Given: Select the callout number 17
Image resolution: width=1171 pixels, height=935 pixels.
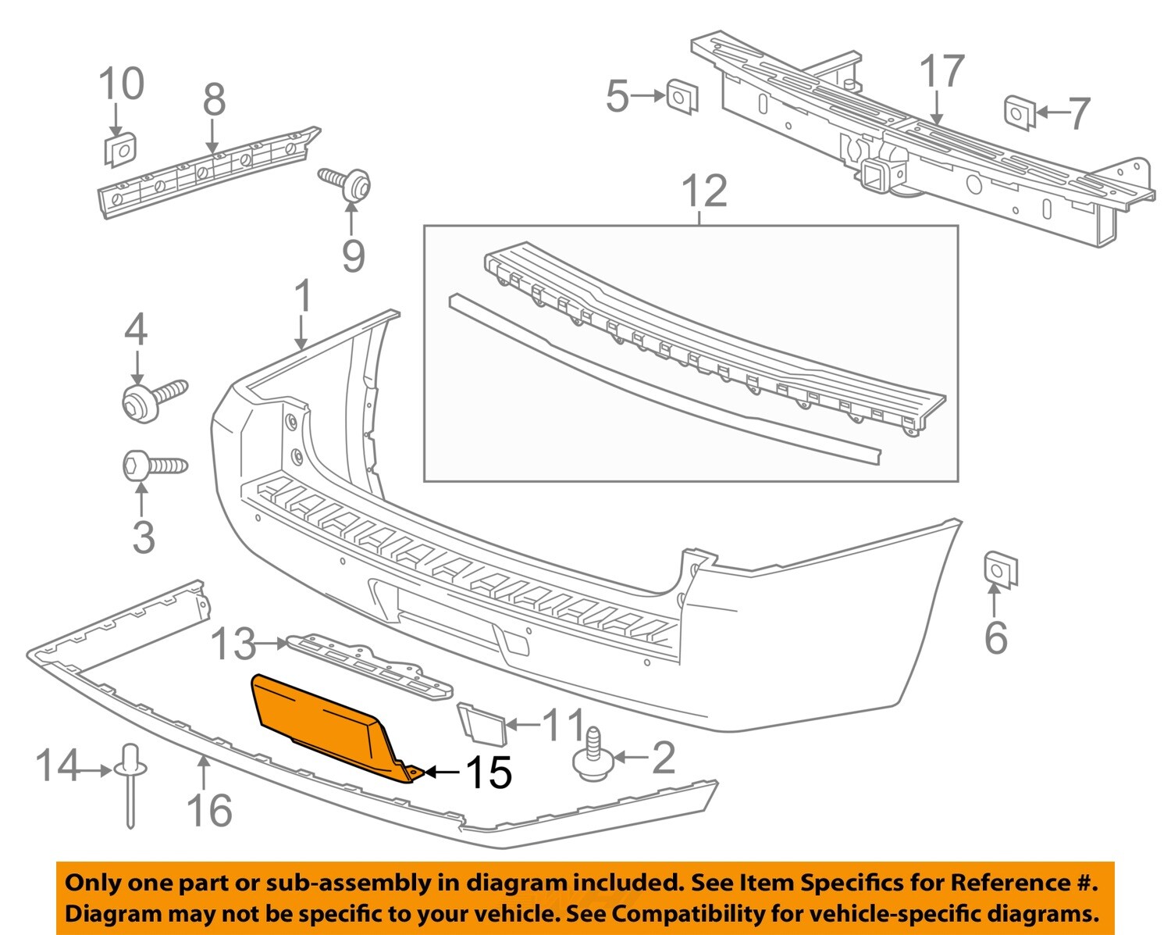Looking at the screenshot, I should [941, 73].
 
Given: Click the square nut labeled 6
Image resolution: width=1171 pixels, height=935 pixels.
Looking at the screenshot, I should [999, 570].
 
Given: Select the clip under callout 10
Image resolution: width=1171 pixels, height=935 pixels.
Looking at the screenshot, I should [119, 149].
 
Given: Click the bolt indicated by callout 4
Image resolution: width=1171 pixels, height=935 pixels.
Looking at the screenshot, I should [153, 398].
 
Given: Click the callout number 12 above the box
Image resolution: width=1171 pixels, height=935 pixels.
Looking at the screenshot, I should [704, 191].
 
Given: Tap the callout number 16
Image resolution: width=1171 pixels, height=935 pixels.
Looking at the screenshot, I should [209, 809].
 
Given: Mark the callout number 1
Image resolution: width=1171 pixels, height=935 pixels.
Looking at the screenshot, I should [303, 298].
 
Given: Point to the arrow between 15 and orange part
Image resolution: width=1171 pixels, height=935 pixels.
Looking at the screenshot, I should [441, 773].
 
